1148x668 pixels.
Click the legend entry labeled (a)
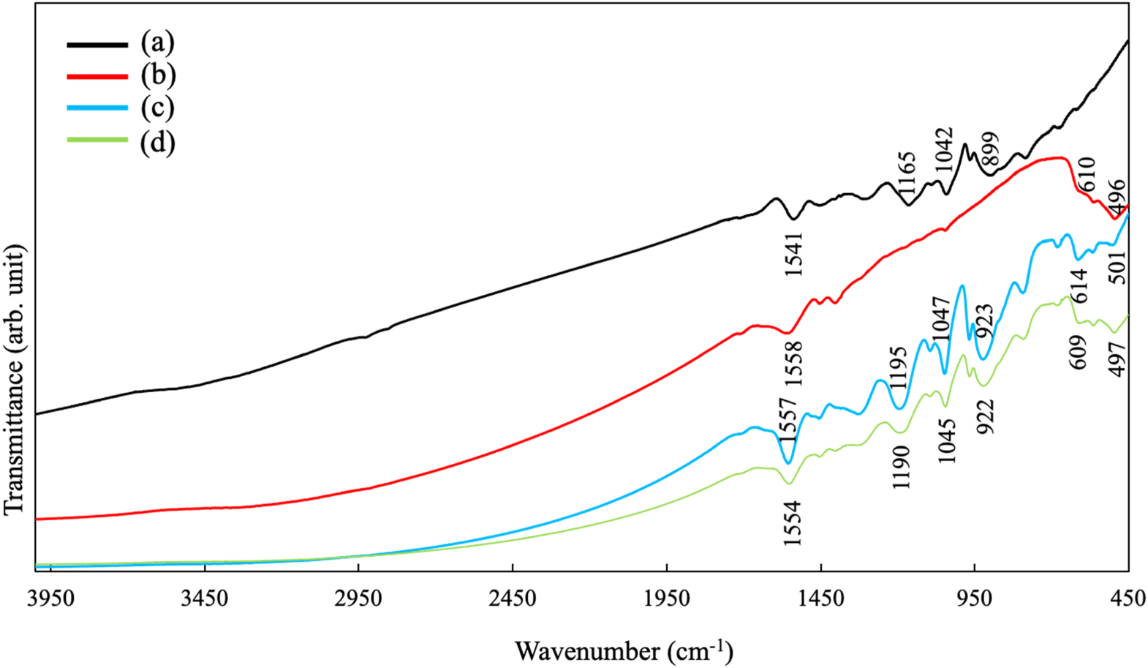157,43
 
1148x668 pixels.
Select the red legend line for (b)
97,75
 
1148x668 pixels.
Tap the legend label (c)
157,108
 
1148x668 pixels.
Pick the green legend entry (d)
97,140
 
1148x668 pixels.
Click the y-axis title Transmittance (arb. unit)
15,380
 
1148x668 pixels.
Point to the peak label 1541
793,254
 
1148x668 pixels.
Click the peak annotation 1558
793,364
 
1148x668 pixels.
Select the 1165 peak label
906,173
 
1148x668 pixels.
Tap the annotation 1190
901,468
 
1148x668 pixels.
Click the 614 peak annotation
1079,285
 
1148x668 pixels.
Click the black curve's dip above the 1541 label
793,218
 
